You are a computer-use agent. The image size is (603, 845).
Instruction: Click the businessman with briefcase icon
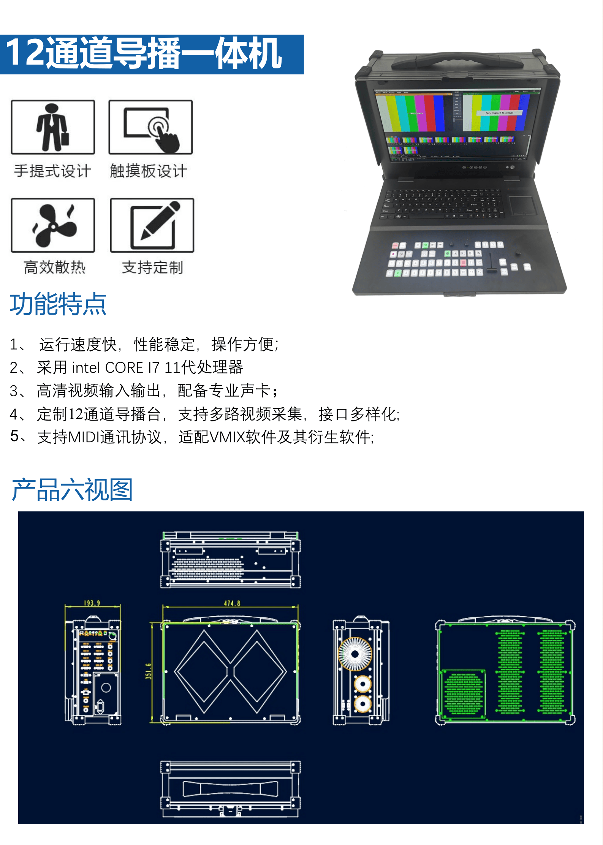(x=53, y=127)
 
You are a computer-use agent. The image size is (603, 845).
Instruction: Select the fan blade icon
(x=53, y=225)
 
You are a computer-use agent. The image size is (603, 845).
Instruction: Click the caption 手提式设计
(x=53, y=171)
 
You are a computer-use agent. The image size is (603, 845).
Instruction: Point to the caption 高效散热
(x=54, y=267)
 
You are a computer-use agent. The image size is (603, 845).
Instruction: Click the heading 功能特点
(x=58, y=304)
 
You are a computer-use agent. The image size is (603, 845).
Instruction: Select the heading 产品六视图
(x=72, y=490)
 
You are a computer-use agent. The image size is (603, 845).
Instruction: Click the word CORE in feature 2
(x=124, y=368)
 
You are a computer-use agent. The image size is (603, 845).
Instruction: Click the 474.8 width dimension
(x=232, y=603)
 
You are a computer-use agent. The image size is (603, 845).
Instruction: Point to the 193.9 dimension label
(x=92, y=603)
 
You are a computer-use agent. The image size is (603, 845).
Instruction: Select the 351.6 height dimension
(x=148, y=671)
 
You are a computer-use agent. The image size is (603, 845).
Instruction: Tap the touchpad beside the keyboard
(x=522, y=206)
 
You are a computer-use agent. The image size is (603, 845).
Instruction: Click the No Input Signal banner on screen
(x=499, y=113)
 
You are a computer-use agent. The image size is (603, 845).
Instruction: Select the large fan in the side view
(x=355, y=654)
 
